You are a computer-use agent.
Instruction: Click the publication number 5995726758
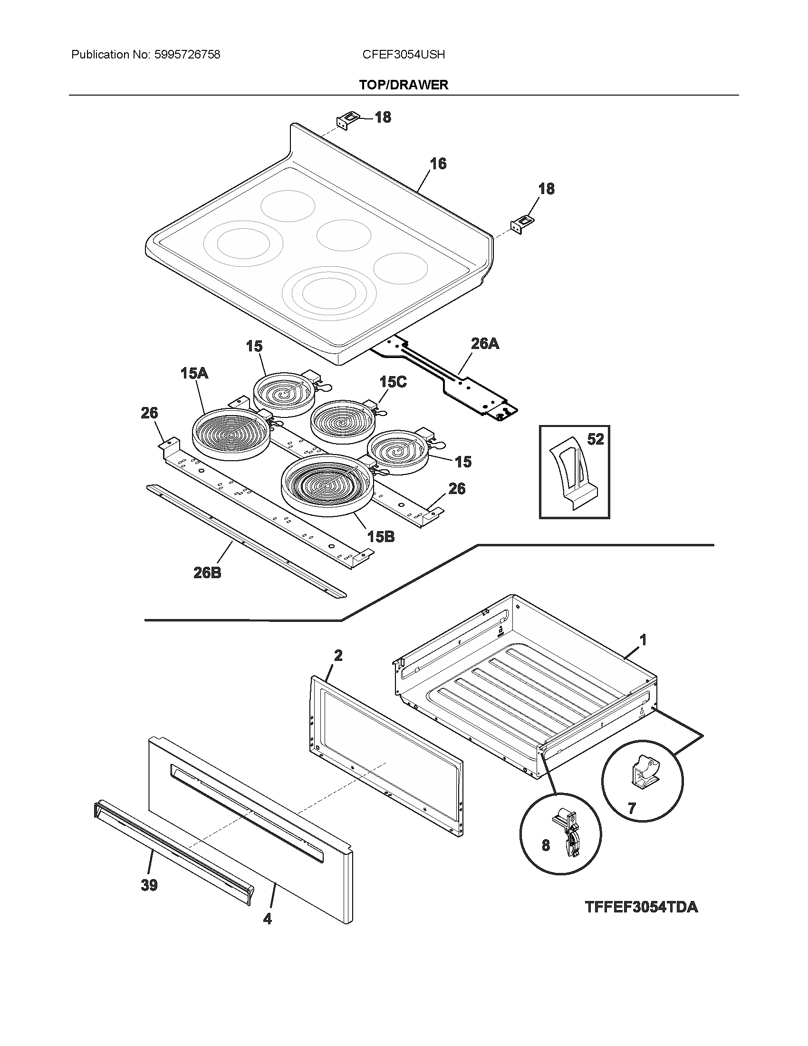click(x=187, y=55)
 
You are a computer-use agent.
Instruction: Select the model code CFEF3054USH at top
click(x=404, y=55)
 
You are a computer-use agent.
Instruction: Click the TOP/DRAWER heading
click(x=404, y=85)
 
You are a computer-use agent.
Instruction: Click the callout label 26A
click(x=485, y=343)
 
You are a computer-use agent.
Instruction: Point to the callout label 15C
click(x=393, y=382)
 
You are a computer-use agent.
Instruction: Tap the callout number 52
click(x=595, y=439)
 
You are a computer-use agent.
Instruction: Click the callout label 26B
click(x=207, y=572)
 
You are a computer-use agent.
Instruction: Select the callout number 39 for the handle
click(x=149, y=885)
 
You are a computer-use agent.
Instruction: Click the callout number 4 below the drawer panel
click(x=267, y=919)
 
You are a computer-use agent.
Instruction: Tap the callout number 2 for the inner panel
click(x=338, y=655)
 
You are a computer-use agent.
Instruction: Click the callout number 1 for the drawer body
click(x=643, y=639)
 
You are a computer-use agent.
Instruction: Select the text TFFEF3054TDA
click(x=642, y=907)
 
